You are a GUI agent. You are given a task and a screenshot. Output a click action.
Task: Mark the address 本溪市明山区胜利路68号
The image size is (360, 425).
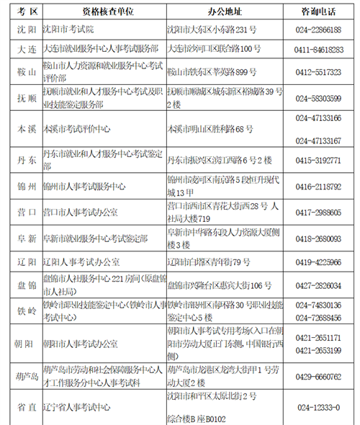pos(210,128)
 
